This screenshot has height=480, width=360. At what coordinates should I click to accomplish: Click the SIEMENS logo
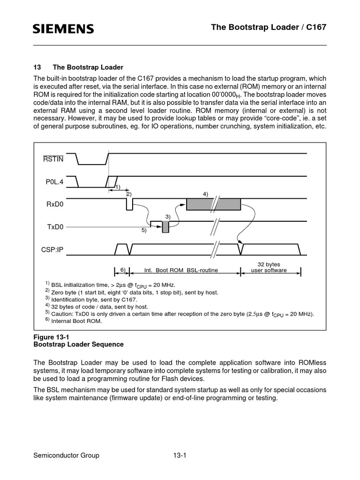pyautogui.click(x=63, y=29)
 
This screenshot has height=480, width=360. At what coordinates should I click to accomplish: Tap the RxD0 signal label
pyautogui.click(x=54, y=204)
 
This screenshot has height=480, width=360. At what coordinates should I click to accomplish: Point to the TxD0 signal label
pyautogui.click(x=54, y=226)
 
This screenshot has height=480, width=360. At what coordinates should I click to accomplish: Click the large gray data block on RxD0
pyautogui.click(x=213, y=204)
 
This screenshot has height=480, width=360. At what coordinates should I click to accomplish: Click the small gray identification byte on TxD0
pyautogui.click(x=165, y=227)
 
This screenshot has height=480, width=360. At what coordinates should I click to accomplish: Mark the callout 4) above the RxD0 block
pyautogui.click(x=205, y=194)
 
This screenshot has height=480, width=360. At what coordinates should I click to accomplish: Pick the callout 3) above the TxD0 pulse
pyautogui.click(x=167, y=217)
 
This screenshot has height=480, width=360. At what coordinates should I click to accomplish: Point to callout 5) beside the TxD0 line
pyautogui.click(x=144, y=230)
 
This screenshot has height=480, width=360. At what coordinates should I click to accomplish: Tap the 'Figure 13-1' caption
pyautogui.click(x=51, y=337)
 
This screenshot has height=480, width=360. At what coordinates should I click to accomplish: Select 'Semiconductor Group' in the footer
pyautogui.click(x=66, y=456)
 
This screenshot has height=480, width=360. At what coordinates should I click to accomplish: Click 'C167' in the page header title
pyautogui.click(x=316, y=27)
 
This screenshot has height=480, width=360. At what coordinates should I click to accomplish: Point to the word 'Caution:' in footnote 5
pyautogui.click(x=64, y=314)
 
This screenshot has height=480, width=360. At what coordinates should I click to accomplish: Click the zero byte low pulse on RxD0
pyautogui.click(x=129, y=204)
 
